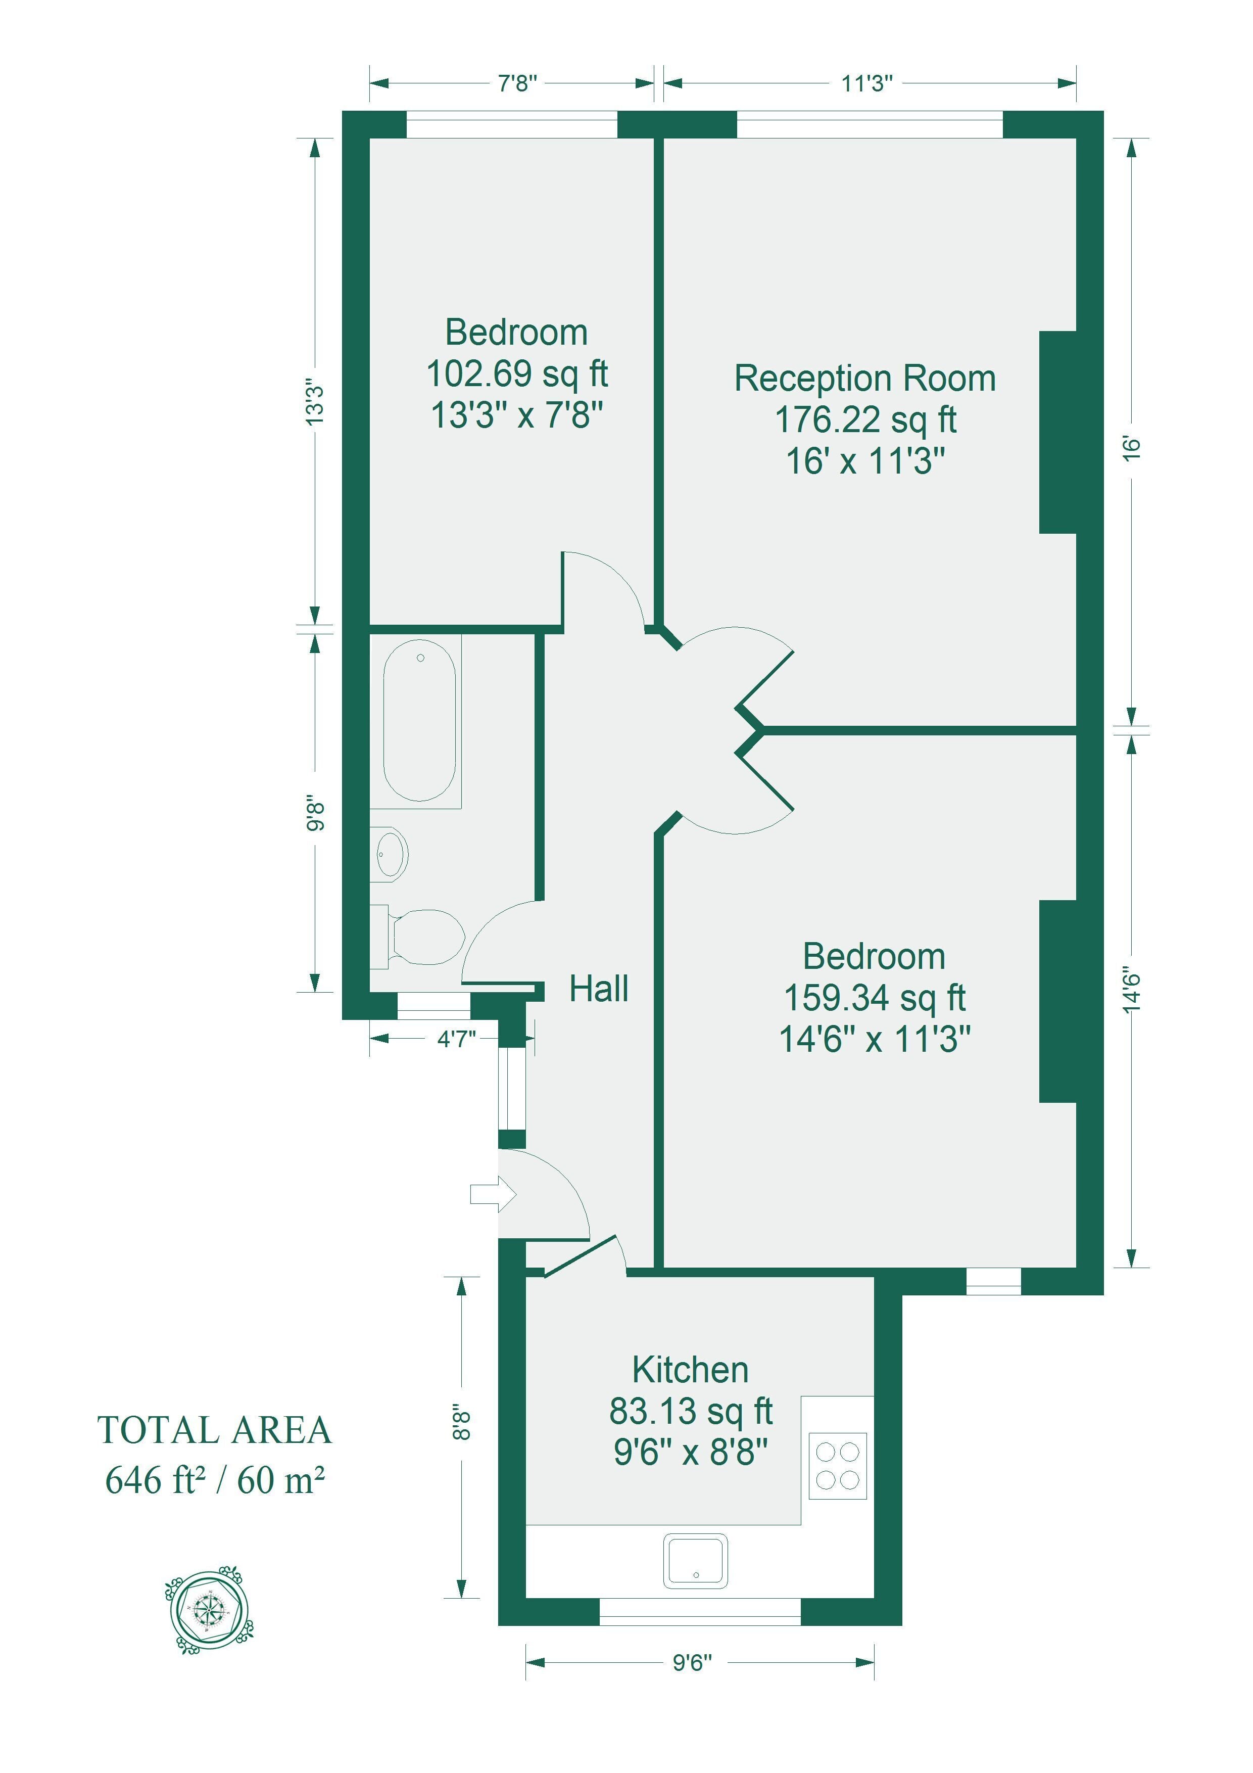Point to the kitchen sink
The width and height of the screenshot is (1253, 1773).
[696, 1561]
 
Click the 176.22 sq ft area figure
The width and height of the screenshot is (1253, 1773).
[865, 419]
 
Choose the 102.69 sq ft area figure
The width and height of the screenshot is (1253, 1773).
[517, 374]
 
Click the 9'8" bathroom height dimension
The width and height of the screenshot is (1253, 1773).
[315, 813]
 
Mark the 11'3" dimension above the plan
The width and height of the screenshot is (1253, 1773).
[867, 82]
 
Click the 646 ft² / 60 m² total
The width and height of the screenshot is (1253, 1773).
[215, 1480]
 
